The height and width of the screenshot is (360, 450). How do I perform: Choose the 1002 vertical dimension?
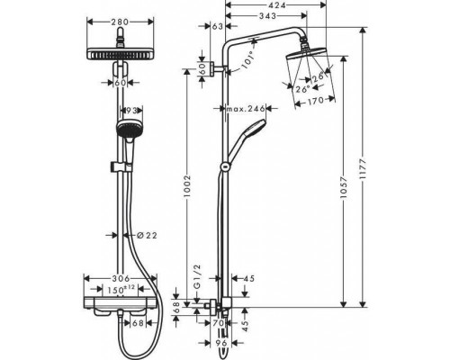tap(188, 187)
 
